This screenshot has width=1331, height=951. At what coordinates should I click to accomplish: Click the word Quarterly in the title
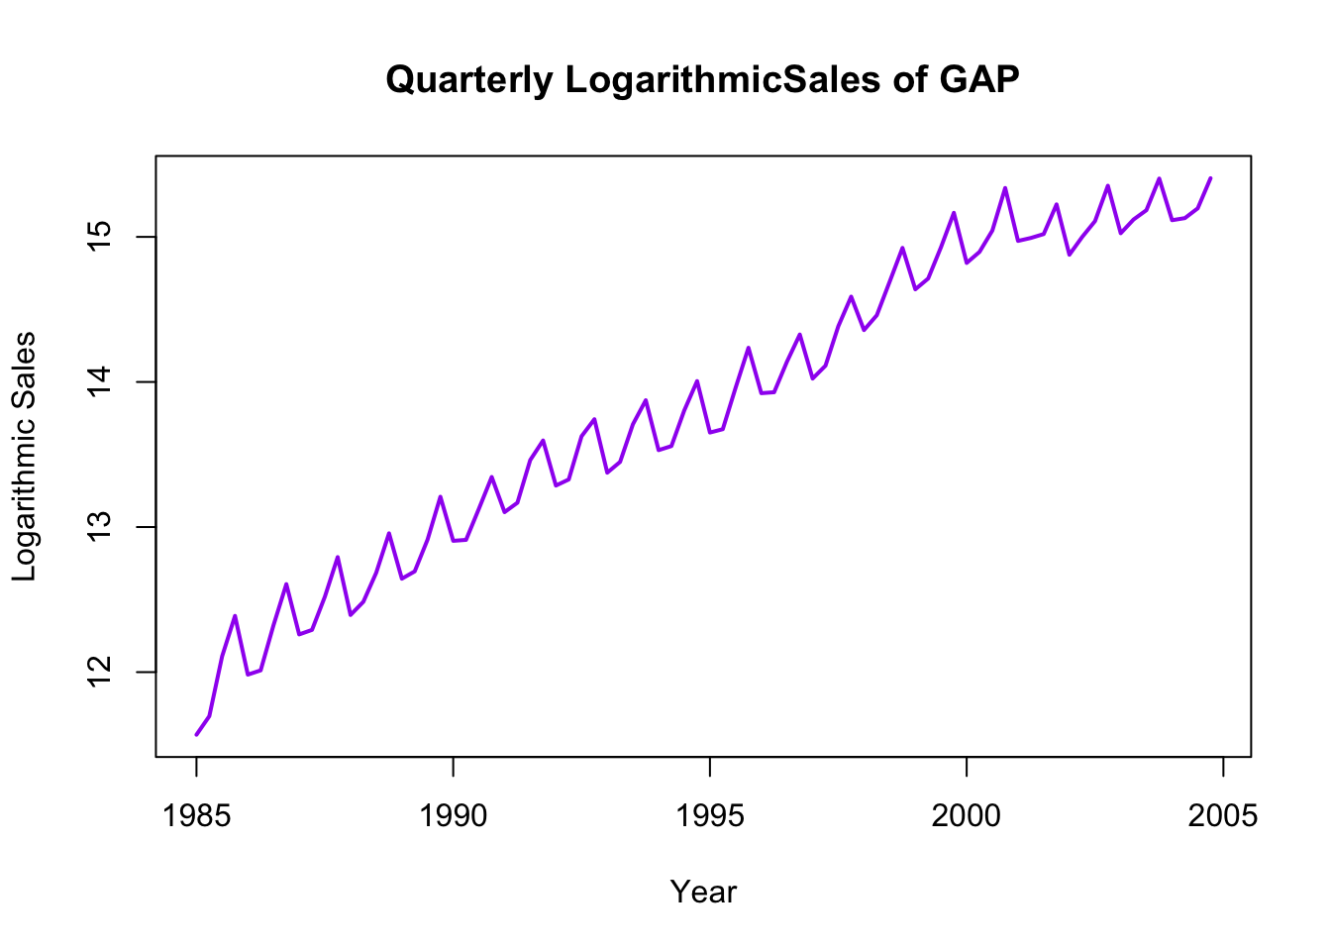(468, 79)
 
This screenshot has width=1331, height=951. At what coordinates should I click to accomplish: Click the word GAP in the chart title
(979, 79)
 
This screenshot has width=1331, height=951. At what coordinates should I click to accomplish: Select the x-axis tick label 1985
(196, 815)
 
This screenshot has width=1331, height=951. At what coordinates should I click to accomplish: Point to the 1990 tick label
(453, 815)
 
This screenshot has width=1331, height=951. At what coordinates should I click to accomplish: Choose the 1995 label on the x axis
(710, 815)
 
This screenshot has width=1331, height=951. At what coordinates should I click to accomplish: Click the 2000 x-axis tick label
(967, 815)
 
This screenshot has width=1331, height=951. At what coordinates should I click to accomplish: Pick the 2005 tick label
(1223, 815)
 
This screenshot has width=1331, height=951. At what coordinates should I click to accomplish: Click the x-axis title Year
(703, 892)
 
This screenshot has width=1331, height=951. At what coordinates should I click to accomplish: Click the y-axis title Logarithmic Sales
(24, 456)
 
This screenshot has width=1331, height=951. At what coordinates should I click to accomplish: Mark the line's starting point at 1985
(196, 735)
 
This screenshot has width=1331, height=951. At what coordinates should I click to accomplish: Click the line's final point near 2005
(1210, 178)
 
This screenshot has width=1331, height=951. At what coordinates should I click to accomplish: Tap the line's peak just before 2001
(1005, 187)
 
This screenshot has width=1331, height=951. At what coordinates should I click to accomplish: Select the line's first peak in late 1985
(235, 615)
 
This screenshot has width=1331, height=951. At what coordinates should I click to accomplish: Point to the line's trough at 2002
(1070, 255)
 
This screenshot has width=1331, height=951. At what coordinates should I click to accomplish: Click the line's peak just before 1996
(749, 347)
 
